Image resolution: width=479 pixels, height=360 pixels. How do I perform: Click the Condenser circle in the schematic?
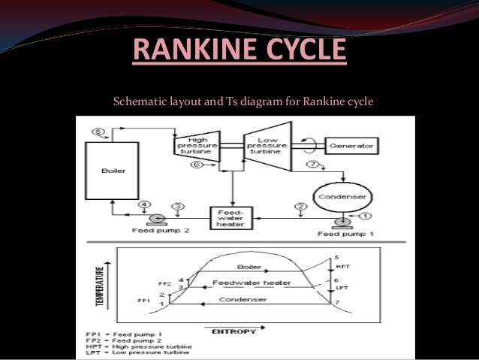(x=342, y=197)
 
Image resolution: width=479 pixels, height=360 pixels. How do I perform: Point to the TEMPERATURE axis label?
(x=98, y=285)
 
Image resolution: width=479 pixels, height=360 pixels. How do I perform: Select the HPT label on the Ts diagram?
(x=340, y=268)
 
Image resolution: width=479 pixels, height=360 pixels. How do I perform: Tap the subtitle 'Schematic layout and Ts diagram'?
(x=243, y=101)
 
